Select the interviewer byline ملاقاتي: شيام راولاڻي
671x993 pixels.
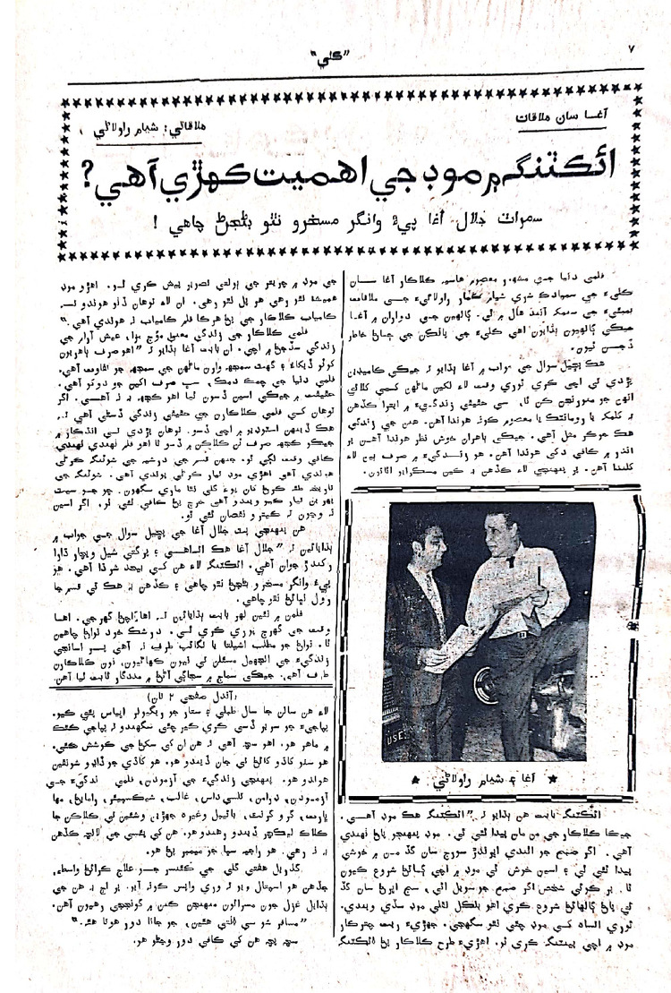point(183,125)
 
